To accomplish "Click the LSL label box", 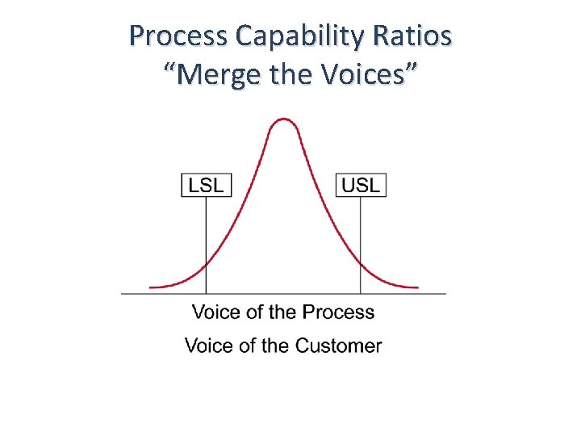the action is (x=206, y=184).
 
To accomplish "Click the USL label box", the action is (x=361, y=184).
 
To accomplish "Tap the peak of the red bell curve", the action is (x=283, y=119).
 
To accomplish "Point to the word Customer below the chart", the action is (x=338, y=346).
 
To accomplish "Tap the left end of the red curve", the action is (x=151, y=287).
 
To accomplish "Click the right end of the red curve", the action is (x=417, y=287).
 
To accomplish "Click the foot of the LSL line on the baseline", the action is (x=206, y=292).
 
